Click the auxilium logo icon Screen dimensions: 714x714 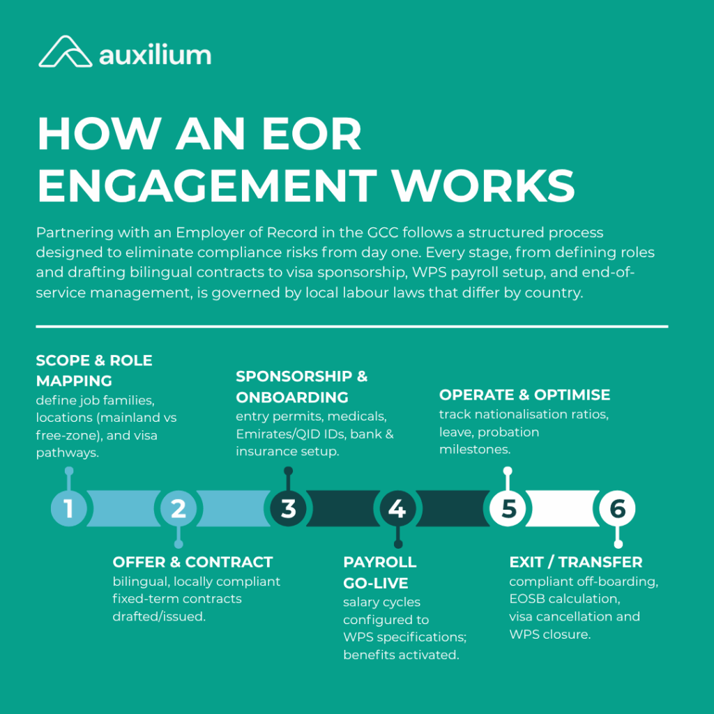[64, 52]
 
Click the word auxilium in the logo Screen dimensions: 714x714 [155, 54]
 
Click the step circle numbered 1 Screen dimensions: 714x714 [68, 508]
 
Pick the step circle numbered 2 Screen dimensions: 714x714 [178, 508]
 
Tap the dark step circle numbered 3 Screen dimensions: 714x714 [288, 508]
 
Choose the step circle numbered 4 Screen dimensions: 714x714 [397, 508]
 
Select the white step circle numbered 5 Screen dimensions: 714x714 [507, 508]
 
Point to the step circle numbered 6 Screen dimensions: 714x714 [617, 508]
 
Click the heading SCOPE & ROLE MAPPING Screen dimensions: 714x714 [93, 371]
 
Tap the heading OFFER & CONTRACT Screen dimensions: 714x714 [192, 562]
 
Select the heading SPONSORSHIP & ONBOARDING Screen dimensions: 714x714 [301, 386]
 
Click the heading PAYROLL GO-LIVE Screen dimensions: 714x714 [379, 572]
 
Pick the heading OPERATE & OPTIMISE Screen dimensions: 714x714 [524, 395]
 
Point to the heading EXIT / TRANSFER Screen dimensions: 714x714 [575, 562]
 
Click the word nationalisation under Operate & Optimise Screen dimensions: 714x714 [514, 413]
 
